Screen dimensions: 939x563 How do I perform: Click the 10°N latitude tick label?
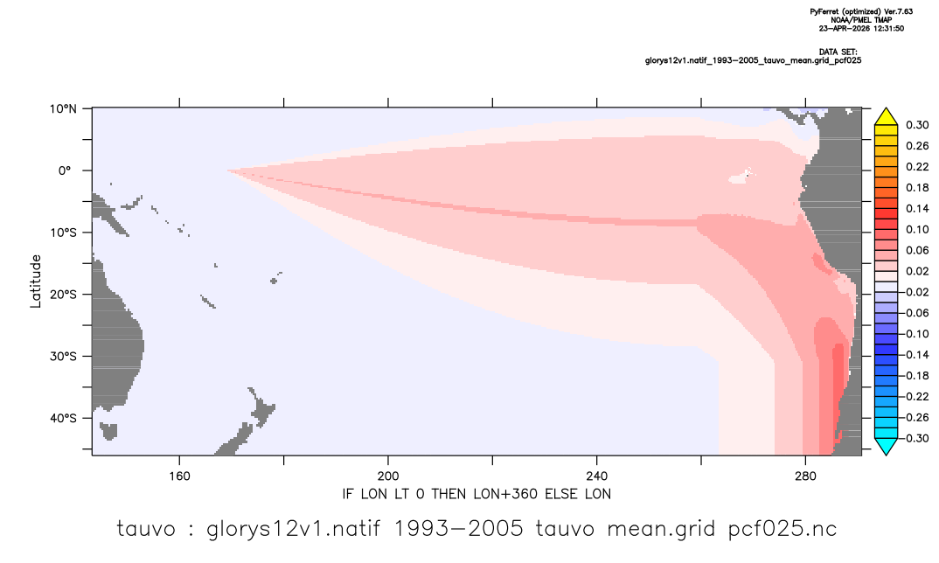click(x=63, y=108)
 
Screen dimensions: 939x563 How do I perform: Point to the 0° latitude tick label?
click(x=65, y=170)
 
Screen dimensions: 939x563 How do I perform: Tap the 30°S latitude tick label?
click(x=63, y=357)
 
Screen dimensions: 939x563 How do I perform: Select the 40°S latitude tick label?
click(x=63, y=418)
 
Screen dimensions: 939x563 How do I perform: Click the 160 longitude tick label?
click(x=179, y=476)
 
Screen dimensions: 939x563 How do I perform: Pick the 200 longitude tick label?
click(x=388, y=476)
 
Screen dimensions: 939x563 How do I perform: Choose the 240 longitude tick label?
click(x=596, y=476)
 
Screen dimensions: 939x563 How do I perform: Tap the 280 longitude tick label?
click(x=805, y=476)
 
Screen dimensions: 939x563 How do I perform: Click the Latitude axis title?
click(x=36, y=281)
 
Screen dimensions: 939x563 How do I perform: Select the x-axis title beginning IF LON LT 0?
click(x=476, y=494)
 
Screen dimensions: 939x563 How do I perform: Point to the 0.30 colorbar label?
click(x=917, y=125)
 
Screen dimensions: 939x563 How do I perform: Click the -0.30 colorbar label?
click(x=915, y=438)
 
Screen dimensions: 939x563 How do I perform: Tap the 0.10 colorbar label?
click(x=917, y=229)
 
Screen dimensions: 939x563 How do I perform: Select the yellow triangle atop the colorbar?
click(x=886, y=117)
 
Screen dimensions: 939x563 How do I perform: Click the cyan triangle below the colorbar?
click(x=886, y=446)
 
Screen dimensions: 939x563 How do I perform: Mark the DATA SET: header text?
click(x=838, y=52)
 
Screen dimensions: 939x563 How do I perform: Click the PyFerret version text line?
click(x=861, y=11)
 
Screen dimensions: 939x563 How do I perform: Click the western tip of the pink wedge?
click(x=227, y=170)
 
